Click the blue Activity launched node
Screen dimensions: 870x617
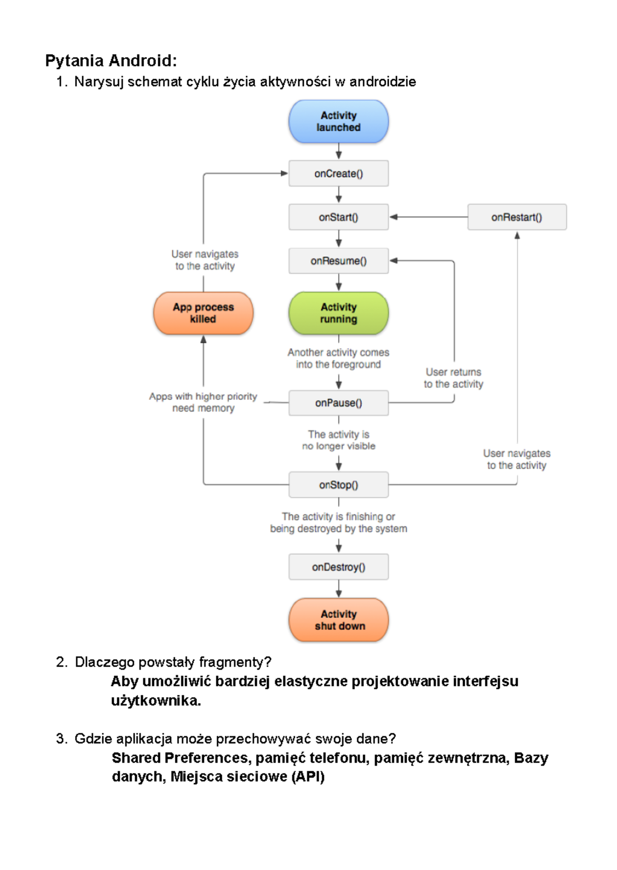click(x=338, y=122)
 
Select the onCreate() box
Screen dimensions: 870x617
click(x=338, y=174)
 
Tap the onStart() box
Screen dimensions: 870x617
click(x=338, y=217)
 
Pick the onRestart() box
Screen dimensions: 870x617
click(x=517, y=217)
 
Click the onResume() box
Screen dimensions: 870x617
click(x=338, y=261)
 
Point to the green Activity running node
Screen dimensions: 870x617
click(x=338, y=313)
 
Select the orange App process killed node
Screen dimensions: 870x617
click(x=203, y=313)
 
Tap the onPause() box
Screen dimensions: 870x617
click(x=338, y=403)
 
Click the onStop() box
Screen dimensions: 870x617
click(x=338, y=485)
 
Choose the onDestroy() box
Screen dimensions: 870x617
click(x=338, y=567)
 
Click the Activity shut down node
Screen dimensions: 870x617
click(x=338, y=620)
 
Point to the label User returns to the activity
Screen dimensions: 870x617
click(x=453, y=378)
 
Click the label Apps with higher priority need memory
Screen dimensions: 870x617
click(x=203, y=402)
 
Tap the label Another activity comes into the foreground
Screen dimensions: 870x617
click(x=338, y=358)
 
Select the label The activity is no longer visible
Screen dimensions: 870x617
click(x=338, y=440)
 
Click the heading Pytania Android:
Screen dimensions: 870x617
click(x=111, y=61)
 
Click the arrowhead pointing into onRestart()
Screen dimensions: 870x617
click(x=517, y=235)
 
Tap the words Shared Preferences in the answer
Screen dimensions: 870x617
click(x=180, y=758)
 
